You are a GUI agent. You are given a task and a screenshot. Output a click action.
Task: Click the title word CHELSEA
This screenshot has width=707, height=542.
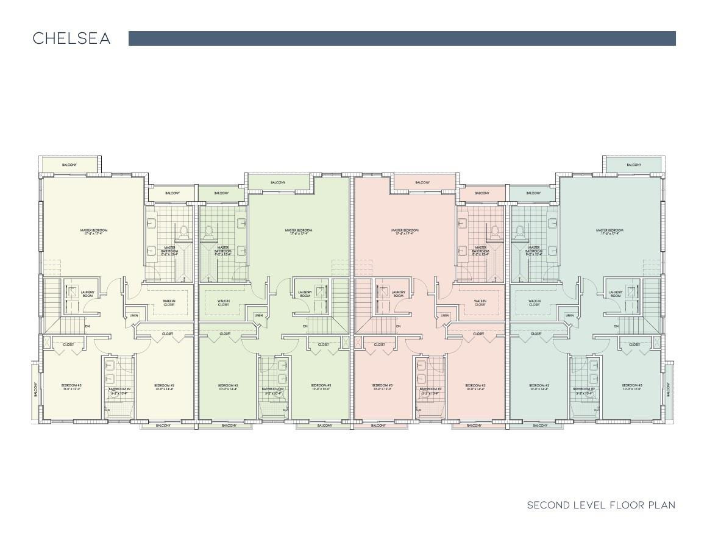pos(71,38)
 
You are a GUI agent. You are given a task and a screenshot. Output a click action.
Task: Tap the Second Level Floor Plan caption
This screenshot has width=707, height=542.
pos(601,505)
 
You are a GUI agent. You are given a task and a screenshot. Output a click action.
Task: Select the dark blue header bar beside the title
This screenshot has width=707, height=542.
pos(402,38)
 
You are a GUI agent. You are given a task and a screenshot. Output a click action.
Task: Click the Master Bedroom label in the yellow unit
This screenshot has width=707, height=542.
pos(94,232)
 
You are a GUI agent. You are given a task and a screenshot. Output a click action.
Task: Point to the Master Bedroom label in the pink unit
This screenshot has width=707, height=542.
pos(405,232)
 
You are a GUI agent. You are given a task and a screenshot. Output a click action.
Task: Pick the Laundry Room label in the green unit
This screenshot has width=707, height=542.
pos(305,294)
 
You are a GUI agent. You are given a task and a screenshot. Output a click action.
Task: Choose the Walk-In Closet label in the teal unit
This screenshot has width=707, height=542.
pos(534,302)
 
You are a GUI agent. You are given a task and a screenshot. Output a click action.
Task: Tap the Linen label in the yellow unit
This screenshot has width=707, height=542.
pos(134,315)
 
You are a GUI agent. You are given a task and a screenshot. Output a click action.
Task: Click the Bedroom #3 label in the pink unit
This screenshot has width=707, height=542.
pos(383,387)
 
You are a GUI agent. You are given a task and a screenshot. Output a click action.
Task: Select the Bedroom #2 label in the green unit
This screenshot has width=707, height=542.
pos(228,387)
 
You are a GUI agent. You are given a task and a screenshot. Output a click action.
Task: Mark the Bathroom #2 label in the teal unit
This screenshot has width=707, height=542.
pos(583,391)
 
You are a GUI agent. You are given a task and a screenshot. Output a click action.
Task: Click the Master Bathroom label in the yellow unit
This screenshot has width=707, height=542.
pos(170,249)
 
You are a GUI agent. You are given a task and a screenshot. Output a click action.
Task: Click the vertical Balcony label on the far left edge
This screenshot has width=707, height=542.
pos(36,389)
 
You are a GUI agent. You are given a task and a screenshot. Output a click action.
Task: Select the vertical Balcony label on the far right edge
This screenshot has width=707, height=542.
pos(669,388)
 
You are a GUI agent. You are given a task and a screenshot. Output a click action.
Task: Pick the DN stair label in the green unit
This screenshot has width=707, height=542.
pos(305,327)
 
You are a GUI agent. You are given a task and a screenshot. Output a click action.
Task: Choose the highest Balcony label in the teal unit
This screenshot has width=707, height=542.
pos(634,165)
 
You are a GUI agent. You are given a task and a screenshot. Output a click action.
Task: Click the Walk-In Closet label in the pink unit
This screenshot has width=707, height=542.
pos(480,302)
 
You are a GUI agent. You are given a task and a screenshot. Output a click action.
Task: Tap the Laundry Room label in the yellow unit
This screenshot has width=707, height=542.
pos(87,294)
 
